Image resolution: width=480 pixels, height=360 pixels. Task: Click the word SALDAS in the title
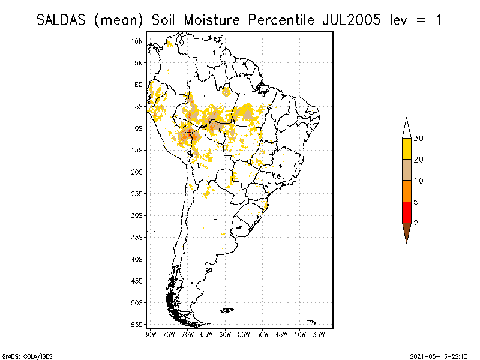62,20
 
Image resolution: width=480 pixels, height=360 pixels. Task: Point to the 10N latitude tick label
137,41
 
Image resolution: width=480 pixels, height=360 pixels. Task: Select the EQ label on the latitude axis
139,85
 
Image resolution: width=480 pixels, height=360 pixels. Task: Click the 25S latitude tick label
137,193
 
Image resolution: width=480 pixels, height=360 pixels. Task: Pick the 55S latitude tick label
137,324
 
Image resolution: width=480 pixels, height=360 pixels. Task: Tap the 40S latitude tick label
137,259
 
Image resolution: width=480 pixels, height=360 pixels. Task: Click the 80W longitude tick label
150,334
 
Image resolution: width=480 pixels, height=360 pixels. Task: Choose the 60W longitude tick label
225,334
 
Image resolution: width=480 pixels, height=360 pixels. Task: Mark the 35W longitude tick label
319,334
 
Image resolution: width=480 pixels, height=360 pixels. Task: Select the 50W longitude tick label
262,334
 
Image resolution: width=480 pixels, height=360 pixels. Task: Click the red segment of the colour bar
406,212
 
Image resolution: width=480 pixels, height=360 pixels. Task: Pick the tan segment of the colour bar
406,170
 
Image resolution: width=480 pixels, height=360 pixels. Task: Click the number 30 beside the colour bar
419,139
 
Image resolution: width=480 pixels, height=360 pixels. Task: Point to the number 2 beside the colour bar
416,223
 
